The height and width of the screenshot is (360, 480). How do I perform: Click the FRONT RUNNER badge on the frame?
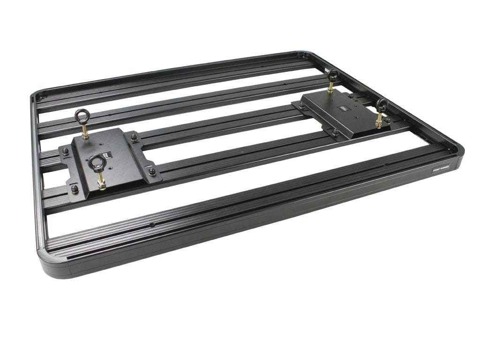coord(441,169)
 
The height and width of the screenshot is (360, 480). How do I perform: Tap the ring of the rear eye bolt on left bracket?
coord(83,115)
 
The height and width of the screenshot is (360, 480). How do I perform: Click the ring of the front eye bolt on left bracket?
coord(98,162)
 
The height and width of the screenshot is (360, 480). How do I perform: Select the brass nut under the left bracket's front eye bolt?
coord(101,185)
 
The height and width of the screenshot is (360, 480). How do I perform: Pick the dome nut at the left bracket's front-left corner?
coord(75,188)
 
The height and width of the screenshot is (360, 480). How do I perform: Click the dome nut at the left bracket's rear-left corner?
coord(65,151)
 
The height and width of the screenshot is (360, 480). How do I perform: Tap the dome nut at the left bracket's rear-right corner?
coord(134,137)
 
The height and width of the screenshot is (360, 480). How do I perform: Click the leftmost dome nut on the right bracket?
coord(301,106)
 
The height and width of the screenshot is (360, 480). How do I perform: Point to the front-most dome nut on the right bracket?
coord(336,133)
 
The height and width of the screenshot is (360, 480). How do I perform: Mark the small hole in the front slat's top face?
coord(152,225)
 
